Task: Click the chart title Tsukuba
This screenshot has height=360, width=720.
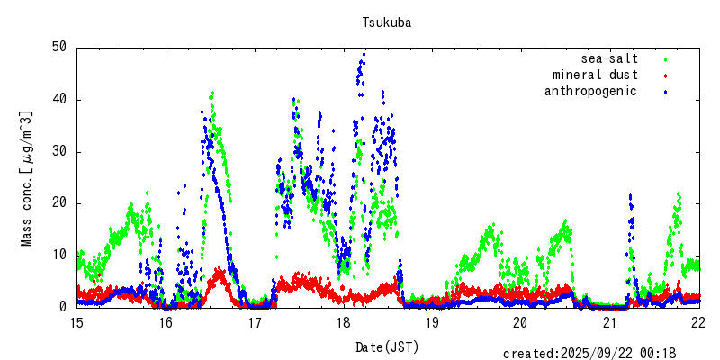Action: tap(387, 22)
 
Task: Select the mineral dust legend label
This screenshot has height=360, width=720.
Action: tap(596, 75)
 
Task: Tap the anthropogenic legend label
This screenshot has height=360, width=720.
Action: tap(590, 91)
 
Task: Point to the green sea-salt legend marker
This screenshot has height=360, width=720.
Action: tap(665, 59)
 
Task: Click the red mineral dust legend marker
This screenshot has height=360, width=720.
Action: tap(665, 76)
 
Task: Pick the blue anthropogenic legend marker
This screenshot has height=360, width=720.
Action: tap(665, 92)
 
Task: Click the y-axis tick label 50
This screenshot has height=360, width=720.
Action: tap(59, 47)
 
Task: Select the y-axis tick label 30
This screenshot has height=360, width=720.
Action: tap(59, 151)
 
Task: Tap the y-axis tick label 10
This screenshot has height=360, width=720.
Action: tap(59, 255)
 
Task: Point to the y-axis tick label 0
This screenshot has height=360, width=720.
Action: tap(63, 307)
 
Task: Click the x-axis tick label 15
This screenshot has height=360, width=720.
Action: tap(76, 322)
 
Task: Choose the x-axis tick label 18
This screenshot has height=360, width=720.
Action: tap(343, 322)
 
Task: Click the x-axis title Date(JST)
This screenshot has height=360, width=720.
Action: tap(387, 346)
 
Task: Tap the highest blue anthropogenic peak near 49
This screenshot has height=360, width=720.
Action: tap(364, 54)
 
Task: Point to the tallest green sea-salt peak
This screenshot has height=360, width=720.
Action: tap(212, 93)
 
